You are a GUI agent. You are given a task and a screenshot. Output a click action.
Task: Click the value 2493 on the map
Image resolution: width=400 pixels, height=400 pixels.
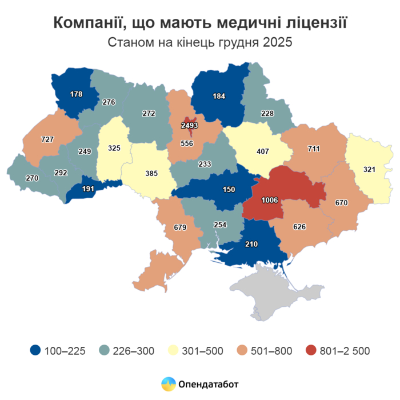point(189,125)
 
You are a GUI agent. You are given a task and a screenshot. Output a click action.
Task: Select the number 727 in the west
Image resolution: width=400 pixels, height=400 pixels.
point(47,139)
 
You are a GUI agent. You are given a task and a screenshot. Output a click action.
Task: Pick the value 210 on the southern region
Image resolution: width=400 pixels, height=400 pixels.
point(251,245)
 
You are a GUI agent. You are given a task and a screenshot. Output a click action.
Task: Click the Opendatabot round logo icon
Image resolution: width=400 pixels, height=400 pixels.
point(168,384)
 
